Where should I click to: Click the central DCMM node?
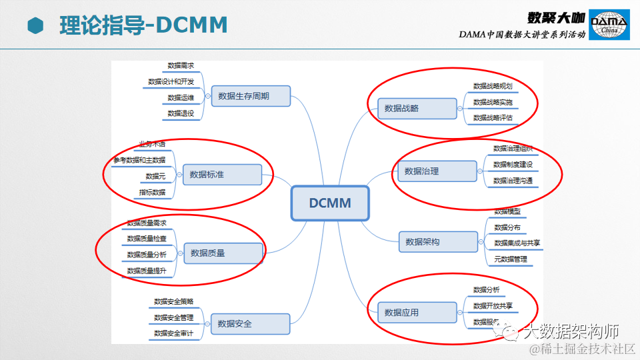click(x=329, y=203)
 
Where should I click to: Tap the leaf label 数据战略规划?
click(x=493, y=86)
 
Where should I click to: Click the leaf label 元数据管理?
click(x=511, y=259)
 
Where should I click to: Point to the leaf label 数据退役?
click(x=181, y=113)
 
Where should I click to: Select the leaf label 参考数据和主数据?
click(x=139, y=160)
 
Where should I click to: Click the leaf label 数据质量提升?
click(x=147, y=271)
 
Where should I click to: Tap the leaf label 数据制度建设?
click(x=513, y=164)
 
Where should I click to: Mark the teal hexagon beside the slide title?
click(x=35, y=25)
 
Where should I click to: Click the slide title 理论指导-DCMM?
click(x=143, y=25)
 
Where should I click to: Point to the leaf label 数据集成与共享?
click(x=517, y=243)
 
